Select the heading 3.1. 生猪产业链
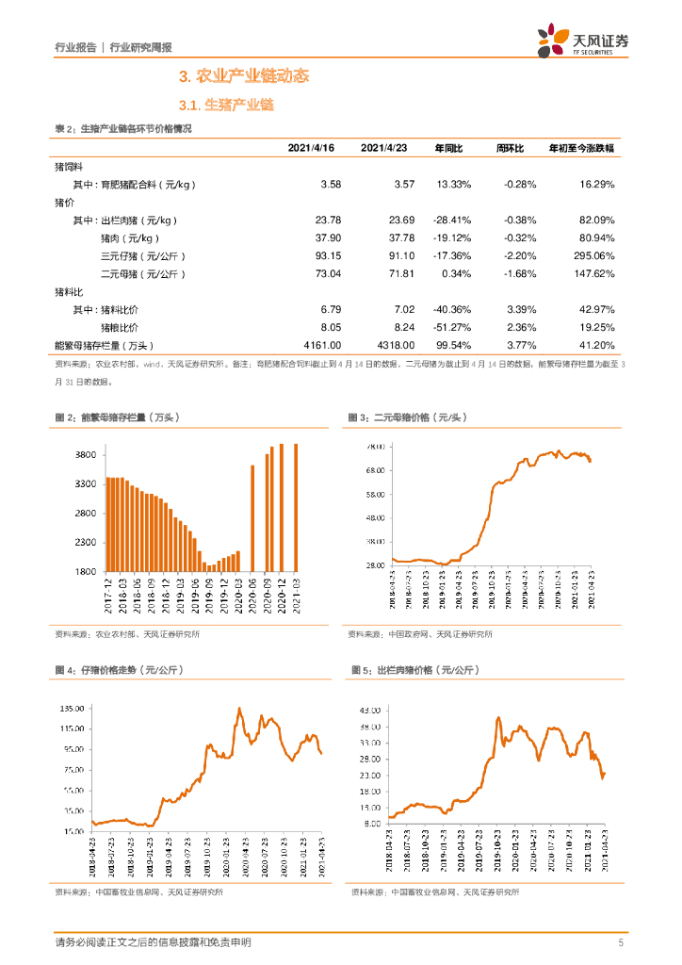point(225,106)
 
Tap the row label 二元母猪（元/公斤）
point(143,273)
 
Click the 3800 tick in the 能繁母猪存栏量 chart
point(85,455)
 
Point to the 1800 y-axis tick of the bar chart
point(85,572)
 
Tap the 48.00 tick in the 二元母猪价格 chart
point(374,517)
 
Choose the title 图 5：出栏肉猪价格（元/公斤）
point(415,670)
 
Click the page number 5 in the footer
point(620,942)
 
